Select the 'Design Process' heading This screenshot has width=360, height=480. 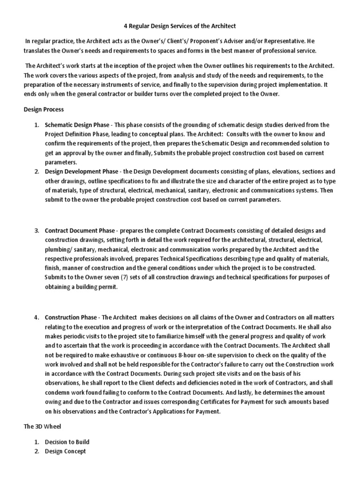(44, 109)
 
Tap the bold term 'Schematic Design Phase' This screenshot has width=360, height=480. (77, 125)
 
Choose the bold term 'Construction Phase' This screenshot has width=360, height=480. (72, 317)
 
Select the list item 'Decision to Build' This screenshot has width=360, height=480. (67, 442)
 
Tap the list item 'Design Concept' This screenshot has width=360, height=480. (65, 451)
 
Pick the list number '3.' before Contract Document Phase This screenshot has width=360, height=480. (37, 231)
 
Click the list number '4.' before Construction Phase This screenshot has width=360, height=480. (37, 317)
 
